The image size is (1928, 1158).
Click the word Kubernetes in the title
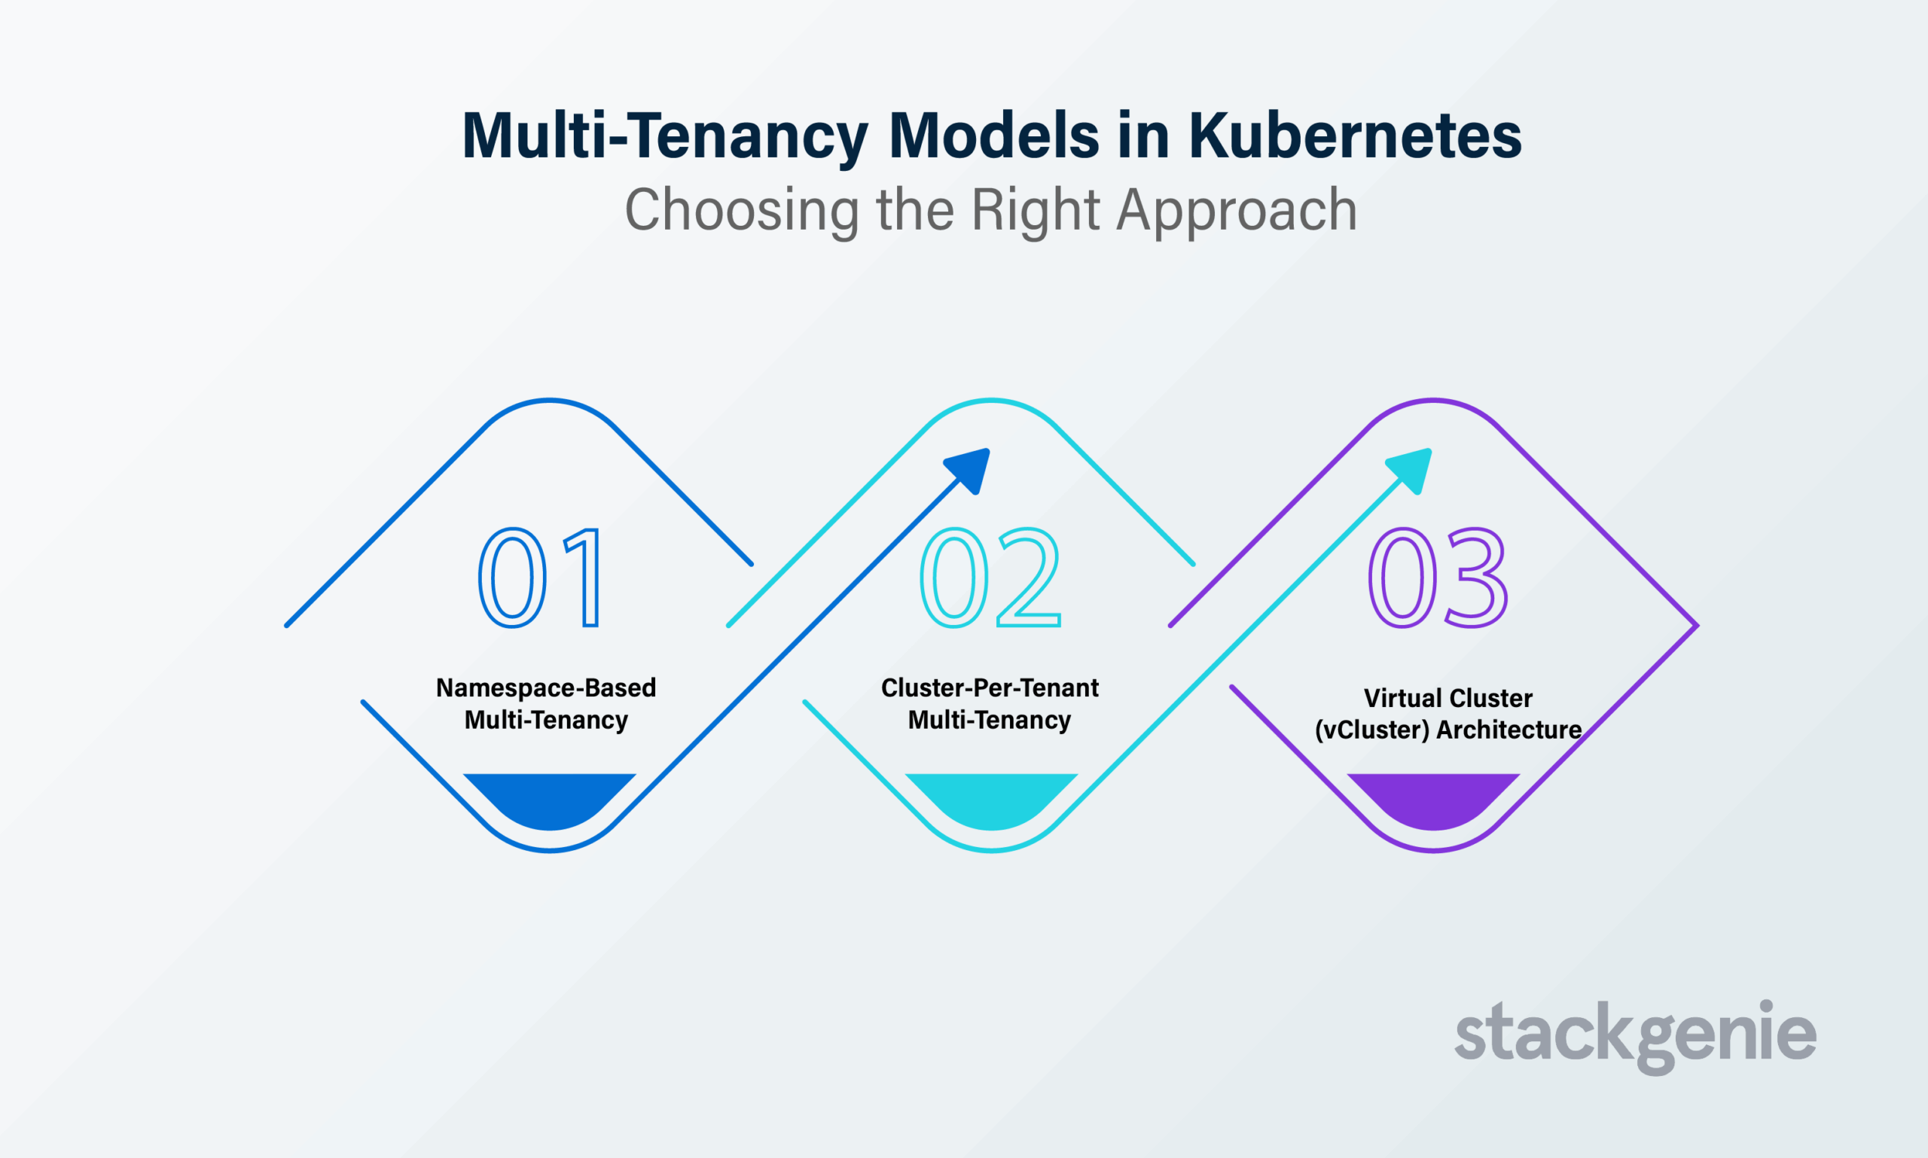(x=1355, y=136)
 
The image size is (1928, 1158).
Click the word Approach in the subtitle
(x=1237, y=211)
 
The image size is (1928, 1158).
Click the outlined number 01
(x=540, y=577)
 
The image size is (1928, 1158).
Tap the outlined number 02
(x=990, y=577)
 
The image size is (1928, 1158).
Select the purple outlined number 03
(x=1438, y=577)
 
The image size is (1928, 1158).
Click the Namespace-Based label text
(x=545, y=688)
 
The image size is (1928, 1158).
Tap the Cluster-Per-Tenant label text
(x=990, y=688)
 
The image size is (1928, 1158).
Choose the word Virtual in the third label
(x=1398, y=698)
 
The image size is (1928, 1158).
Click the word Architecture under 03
(x=1509, y=730)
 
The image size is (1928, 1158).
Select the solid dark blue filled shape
(x=550, y=799)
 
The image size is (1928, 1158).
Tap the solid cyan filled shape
(x=991, y=799)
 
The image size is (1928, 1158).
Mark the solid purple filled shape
(x=1433, y=799)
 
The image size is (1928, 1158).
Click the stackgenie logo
(x=1636, y=1036)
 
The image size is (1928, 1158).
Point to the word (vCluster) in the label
(x=1372, y=730)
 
